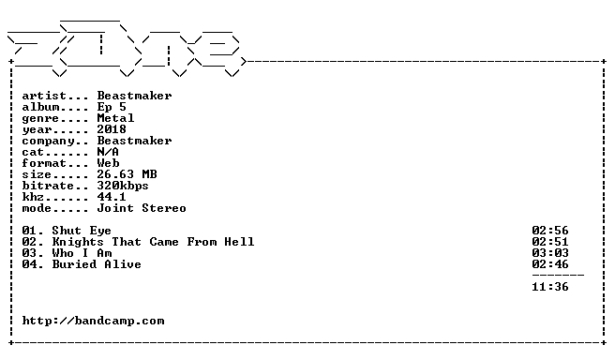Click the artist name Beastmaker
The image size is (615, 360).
click(135, 96)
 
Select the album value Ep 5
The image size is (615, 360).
click(112, 107)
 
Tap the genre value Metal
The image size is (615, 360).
click(115, 118)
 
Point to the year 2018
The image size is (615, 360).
click(112, 129)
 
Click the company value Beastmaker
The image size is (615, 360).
click(135, 141)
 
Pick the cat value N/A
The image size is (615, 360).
click(108, 152)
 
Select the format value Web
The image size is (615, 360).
click(108, 163)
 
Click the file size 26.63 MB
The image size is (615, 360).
click(127, 174)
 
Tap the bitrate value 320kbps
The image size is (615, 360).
click(123, 186)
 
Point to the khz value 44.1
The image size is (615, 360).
click(112, 197)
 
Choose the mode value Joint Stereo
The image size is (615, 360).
click(142, 208)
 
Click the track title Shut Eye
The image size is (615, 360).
click(82, 231)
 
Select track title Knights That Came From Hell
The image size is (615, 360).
click(153, 242)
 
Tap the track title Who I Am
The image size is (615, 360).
click(82, 253)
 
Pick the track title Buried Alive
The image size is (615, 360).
click(97, 264)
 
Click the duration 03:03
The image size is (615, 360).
click(550, 253)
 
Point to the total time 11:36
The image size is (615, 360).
click(550, 287)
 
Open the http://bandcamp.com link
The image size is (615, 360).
click(94, 322)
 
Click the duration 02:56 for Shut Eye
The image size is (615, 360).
click(550, 231)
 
